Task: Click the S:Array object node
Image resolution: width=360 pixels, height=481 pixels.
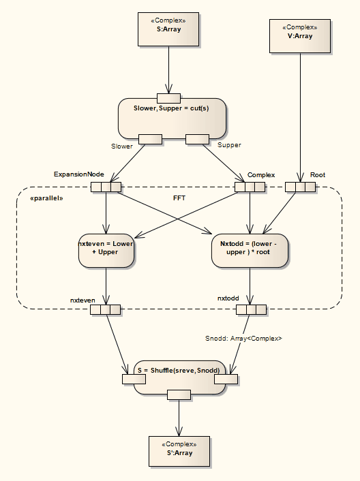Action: point(168,29)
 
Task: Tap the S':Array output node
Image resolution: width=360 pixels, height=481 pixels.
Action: point(179,451)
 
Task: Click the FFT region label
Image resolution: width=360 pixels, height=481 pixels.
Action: point(180,198)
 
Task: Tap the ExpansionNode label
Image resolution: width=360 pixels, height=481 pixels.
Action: point(74,174)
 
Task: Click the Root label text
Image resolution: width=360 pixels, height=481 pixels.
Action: point(318,175)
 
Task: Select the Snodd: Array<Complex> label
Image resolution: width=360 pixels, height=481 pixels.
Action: point(244,338)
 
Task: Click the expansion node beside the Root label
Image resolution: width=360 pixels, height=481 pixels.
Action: point(300,187)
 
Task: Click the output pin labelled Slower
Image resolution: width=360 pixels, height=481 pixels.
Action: point(150,140)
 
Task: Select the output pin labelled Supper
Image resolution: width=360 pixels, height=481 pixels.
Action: point(197,140)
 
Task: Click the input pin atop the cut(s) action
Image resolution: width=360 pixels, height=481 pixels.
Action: point(168,97)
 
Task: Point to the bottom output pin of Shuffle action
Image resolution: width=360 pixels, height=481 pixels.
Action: point(179,394)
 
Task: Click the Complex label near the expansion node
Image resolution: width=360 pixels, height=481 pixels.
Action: point(261,175)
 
